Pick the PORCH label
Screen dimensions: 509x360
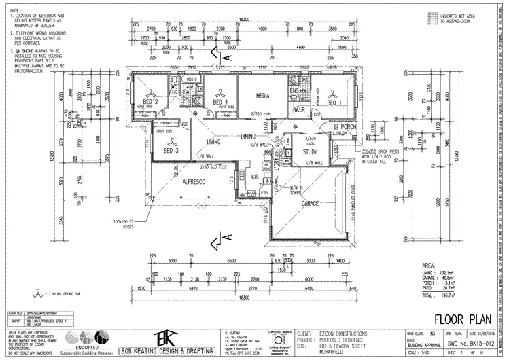tap(349, 127)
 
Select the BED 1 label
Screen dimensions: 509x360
tap(336, 103)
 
